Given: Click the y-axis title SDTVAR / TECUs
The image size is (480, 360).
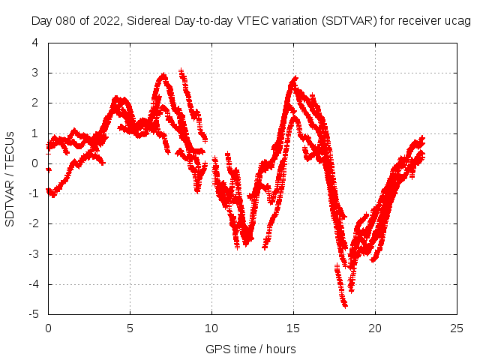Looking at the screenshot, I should coord(10,178).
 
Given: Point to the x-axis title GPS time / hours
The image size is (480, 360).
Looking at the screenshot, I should coord(250,349).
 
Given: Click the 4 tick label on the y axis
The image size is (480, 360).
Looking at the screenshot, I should coord(35,43).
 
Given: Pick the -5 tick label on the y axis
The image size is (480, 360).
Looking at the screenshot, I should coord(33,314).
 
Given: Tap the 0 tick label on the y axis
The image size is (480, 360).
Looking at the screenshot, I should coord(35,163).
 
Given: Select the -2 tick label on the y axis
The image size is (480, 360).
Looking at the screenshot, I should coord(33,223).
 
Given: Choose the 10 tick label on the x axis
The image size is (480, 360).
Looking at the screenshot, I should coord(211,328).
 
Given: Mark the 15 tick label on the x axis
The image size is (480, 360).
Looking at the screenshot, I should coord(293,328).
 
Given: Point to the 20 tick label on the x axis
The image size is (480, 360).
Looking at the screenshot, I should coord(375,328).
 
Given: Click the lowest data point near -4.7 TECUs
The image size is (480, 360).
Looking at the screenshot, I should coord(345,304).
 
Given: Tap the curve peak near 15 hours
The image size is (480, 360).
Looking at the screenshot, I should coord(295,78).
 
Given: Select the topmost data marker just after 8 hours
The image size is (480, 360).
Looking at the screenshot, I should coord(181,71).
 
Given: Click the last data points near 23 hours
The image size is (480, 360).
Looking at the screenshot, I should coord(422,139).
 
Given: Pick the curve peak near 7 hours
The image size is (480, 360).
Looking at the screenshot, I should coord(163,76).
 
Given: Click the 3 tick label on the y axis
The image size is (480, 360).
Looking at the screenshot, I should coord(35,73).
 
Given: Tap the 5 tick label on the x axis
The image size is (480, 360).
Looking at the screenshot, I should coord(130,328).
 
